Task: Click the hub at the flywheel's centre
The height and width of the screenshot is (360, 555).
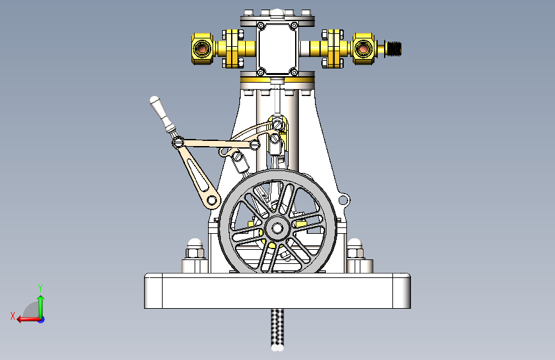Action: pyautogui.click(x=277, y=227)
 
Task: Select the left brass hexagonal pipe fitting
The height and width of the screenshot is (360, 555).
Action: pyautogui.click(x=202, y=49)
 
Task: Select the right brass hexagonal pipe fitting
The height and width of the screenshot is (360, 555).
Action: pyautogui.click(x=363, y=49)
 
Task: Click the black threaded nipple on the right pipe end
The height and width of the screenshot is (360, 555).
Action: pyautogui.click(x=393, y=49)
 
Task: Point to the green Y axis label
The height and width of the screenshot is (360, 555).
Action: pyautogui.click(x=40, y=288)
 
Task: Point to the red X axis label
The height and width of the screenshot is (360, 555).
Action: pyautogui.click(x=12, y=316)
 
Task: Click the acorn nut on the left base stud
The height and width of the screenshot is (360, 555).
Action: pyautogui.click(x=194, y=243)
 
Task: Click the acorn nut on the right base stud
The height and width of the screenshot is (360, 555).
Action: pyautogui.click(x=355, y=243)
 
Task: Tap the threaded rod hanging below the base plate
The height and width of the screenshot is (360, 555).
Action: pyautogui.click(x=277, y=328)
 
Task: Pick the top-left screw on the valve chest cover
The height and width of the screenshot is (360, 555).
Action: pyautogui.click(x=261, y=26)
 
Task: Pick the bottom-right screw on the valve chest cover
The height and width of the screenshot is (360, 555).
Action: pyautogui.click(x=293, y=70)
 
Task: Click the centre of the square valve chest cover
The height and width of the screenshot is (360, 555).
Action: pyautogui.click(x=277, y=48)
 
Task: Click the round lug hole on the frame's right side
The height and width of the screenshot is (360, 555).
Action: pyautogui.click(x=344, y=201)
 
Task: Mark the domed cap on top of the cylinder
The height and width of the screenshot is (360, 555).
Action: pyautogui.click(x=277, y=12)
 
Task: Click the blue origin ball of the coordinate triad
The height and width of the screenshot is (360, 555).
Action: pyautogui.click(x=40, y=319)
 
